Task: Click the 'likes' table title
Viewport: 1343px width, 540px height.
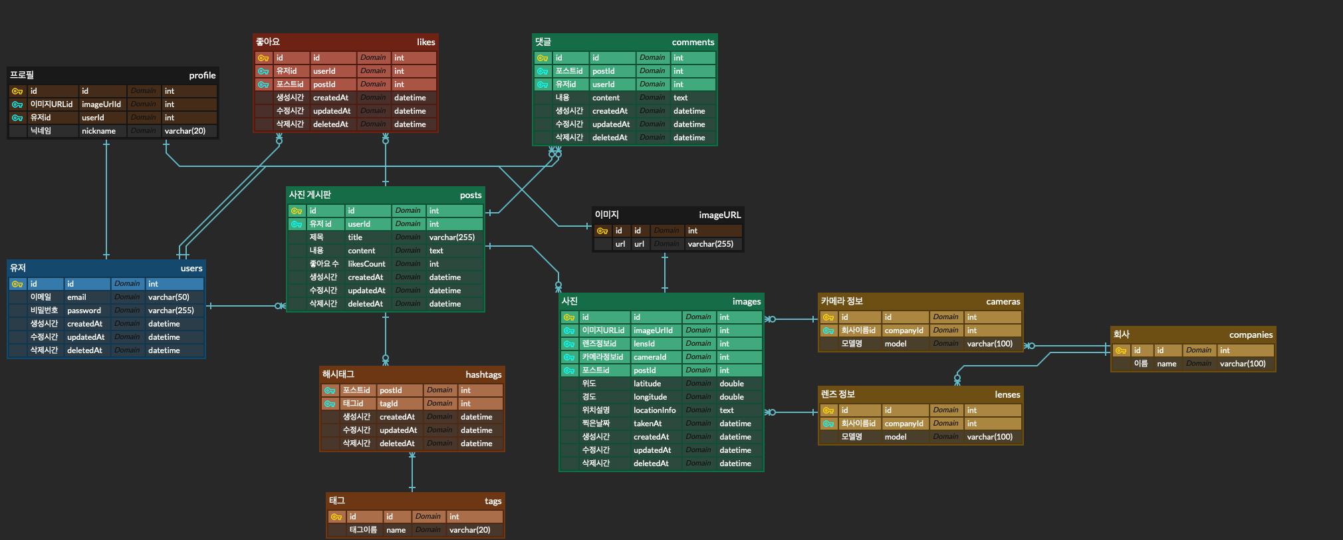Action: click(426, 42)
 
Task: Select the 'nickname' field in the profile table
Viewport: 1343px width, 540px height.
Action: click(98, 131)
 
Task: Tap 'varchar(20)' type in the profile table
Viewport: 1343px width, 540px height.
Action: click(185, 131)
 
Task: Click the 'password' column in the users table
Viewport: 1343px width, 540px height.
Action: click(84, 311)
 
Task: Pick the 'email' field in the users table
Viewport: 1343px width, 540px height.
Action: click(76, 297)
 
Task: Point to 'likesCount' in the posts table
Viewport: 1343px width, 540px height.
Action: click(366, 264)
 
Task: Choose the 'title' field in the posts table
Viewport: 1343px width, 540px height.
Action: click(355, 237)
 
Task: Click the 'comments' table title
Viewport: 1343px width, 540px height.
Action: click(693, 42)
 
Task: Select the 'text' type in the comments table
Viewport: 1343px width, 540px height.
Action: click(680, 98)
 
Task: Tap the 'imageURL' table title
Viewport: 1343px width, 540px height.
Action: click(719, 215)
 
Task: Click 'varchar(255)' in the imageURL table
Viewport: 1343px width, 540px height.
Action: click(710, 244)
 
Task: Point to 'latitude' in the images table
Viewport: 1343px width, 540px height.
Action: click(647, 384)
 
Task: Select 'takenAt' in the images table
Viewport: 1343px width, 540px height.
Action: click(648, 424)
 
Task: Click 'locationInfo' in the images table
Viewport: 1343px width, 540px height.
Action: click(654, 410)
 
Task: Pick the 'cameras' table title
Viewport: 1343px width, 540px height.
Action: click(1003, 301)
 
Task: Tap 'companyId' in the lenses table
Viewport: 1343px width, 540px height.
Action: click(904, 424)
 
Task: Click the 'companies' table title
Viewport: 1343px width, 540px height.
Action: click(1251, 335)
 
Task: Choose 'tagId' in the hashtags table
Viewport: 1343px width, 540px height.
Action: click(388, 404)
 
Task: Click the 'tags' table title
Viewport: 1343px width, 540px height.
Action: click(493, 501)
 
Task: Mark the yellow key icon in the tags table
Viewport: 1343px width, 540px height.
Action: click(336, 517)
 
